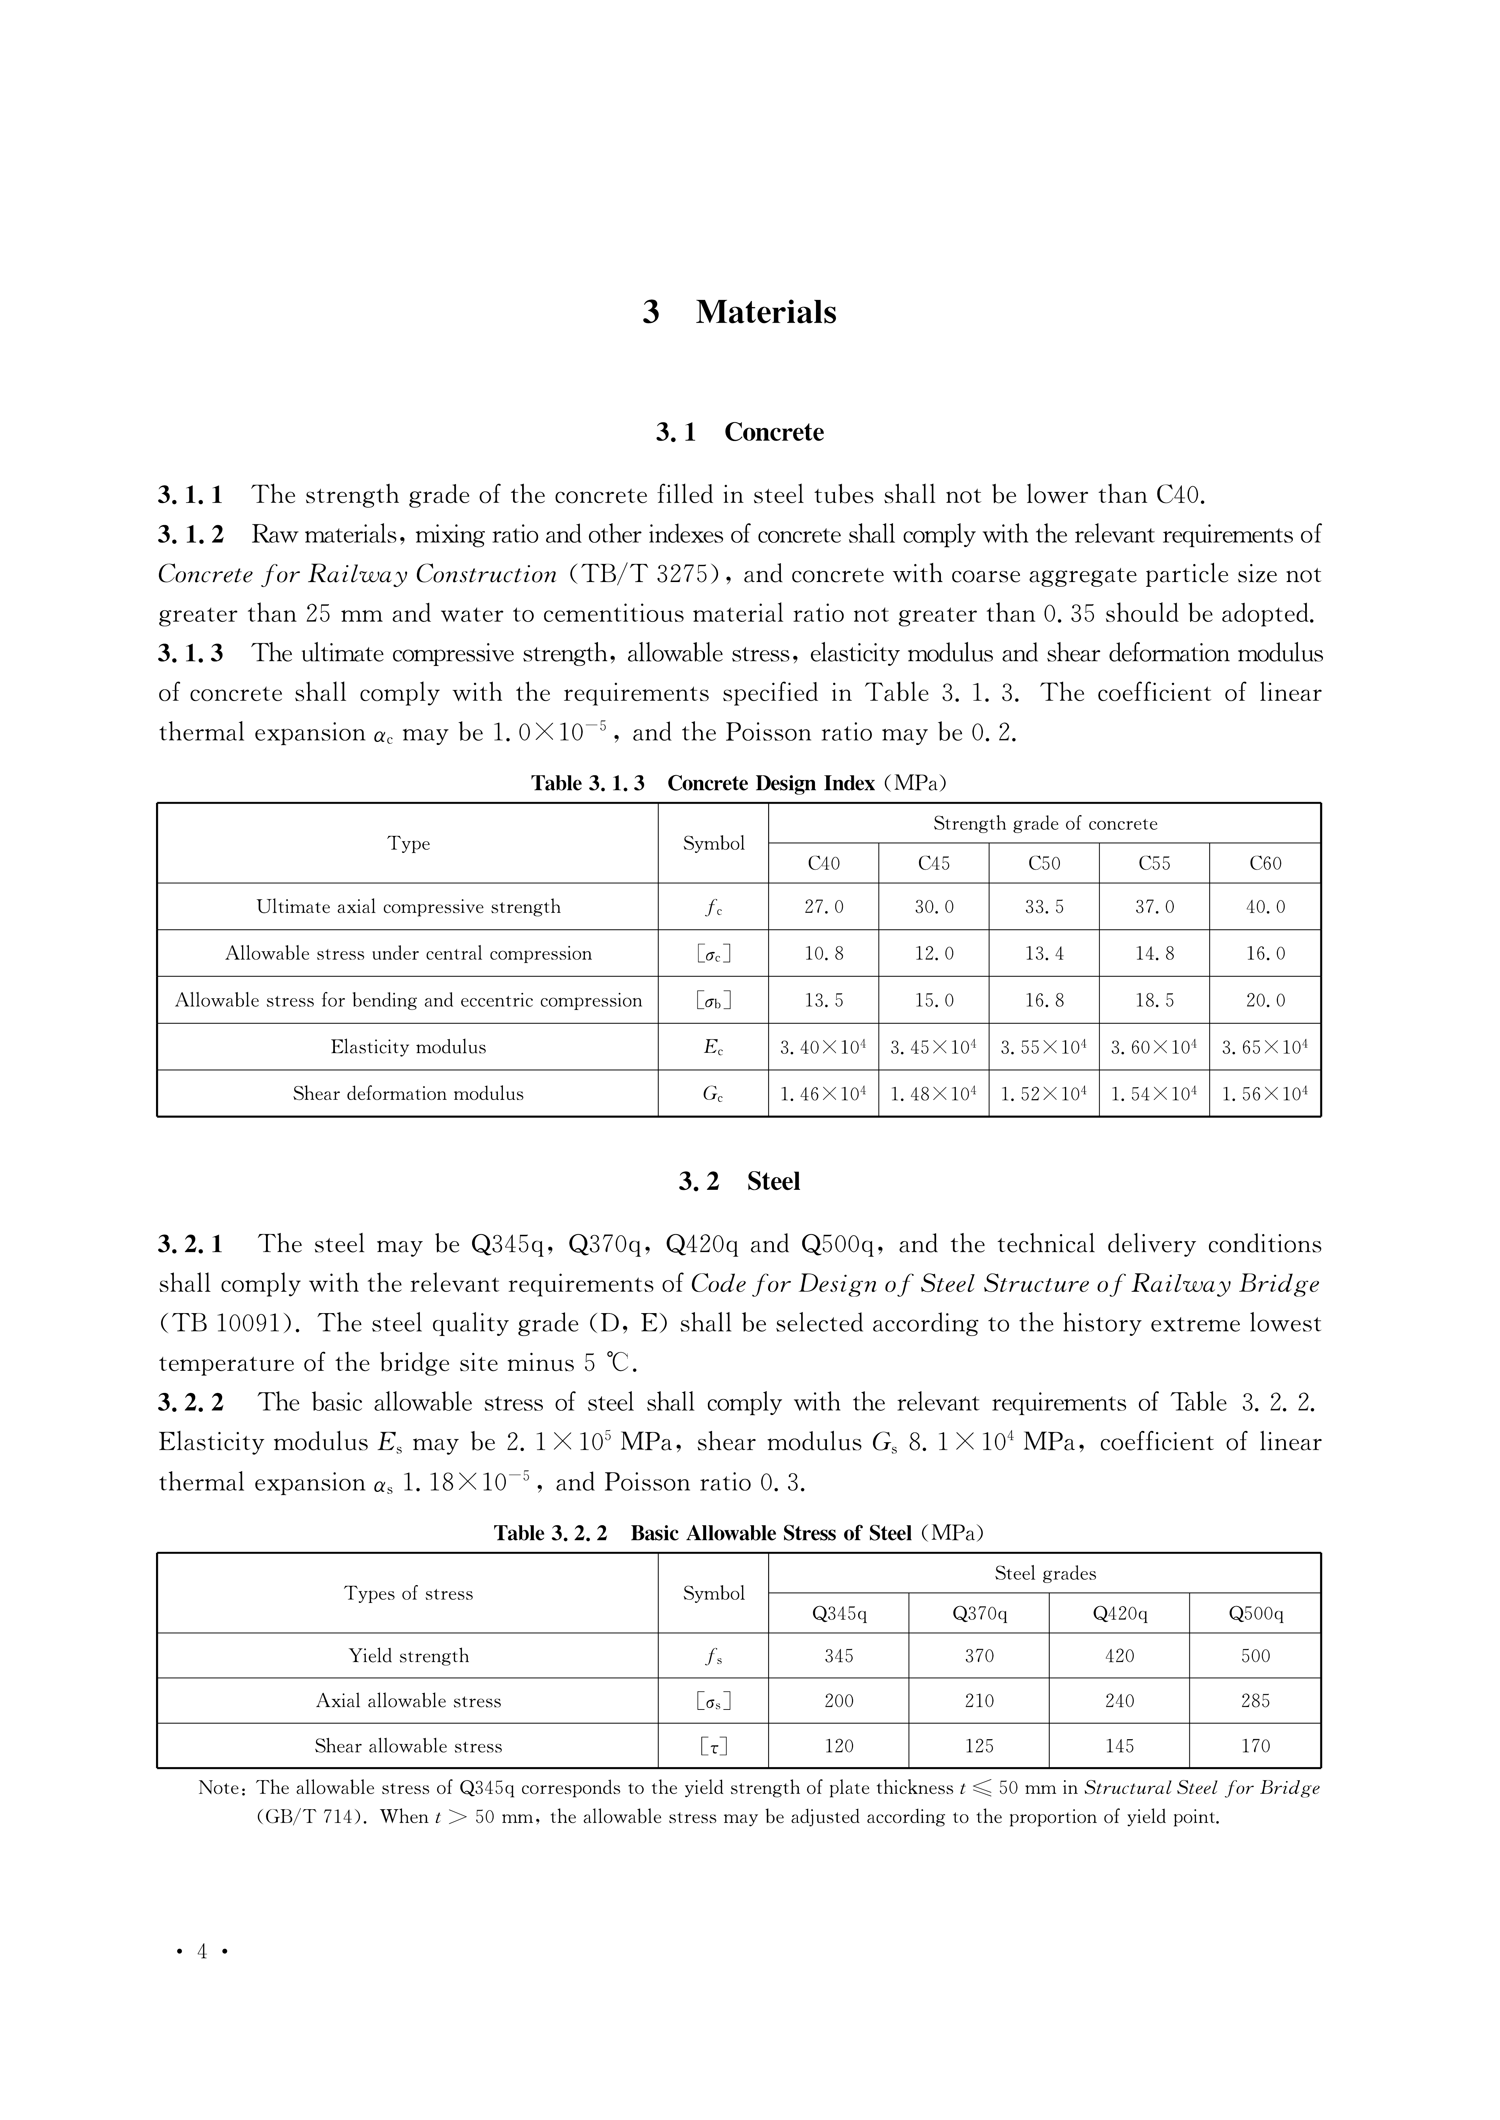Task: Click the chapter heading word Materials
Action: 766,312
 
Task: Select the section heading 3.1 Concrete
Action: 739,432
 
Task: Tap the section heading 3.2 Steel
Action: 739,1181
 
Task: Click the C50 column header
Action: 1044,863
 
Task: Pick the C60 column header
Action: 1265,863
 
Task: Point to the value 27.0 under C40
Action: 823,907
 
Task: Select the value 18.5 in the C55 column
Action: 1153,1000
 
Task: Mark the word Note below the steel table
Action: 220,1787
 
